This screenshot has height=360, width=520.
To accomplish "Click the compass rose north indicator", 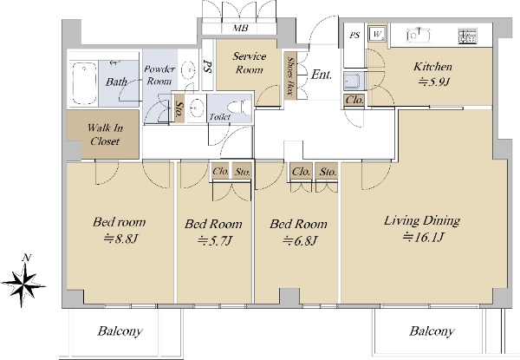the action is pyautogui.click(x=23, y=281).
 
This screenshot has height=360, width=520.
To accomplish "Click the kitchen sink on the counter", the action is pyautogui.click(x=419, y=36).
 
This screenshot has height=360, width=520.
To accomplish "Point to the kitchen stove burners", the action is pyautogui.click(x=468, y=36).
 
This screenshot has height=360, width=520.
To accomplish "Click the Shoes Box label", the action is pyautogui.click(x=291, y=75).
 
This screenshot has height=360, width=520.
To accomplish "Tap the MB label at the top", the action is pyautogui.click(x=240, y=29).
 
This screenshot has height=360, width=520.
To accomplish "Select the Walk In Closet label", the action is pyautogui.click(x=105, y=134).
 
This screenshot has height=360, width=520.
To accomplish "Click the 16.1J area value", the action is pyautogui.click(x=423, y=237).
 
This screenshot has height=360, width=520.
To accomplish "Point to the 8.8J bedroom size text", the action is pyautogui.click(x=120, y=239).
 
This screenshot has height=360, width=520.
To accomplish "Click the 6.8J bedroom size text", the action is pyautogui.click(x=300, y=240).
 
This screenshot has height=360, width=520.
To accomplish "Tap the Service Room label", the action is pyautogui.click(x=249, y=62).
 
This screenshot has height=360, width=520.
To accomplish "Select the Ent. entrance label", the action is pyautogui.click(x=322, y=75).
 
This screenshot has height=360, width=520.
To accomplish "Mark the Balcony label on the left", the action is pyautogui.click(x=120, y=331).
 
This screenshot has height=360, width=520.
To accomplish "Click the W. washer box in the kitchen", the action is pyautogui.click(x=377, y=33).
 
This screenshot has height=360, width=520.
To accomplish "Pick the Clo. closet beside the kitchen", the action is pyautogui.click(x=354, y=100).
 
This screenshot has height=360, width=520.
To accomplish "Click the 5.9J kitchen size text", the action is pyautogui.click(x=433, y=82).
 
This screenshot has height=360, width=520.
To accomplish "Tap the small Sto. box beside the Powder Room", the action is pyautogui.click(x=179, y=108).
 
